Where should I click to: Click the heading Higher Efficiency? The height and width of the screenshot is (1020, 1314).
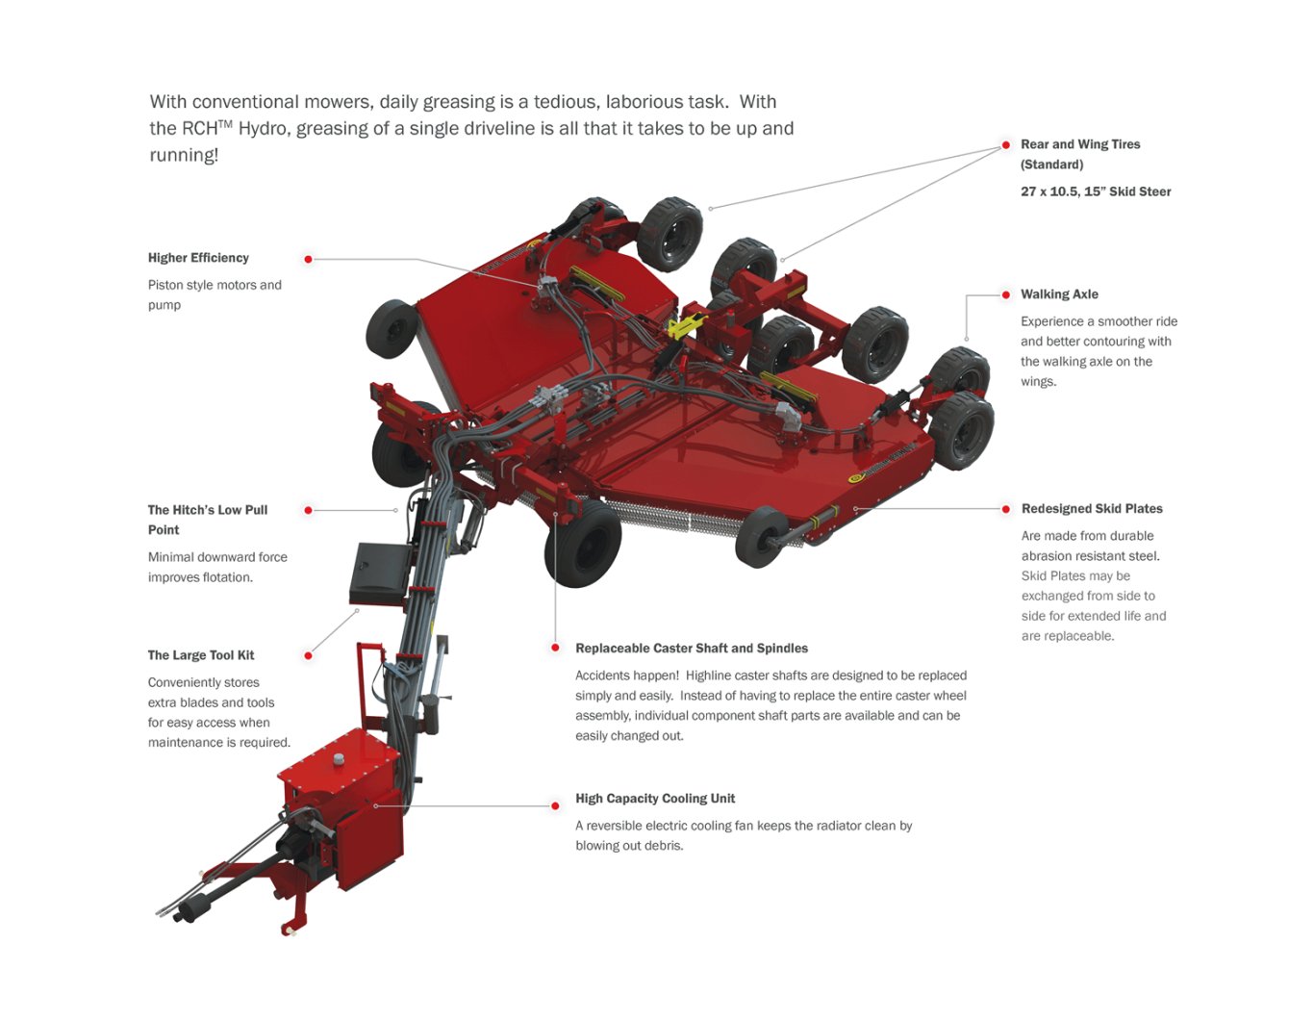[x=198, y=258]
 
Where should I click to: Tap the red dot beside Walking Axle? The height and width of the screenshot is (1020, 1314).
[x=1006, y=294]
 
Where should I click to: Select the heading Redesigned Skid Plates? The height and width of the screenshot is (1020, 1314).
[x=1092, y=509]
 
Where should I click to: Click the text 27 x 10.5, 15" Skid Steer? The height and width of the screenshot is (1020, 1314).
[x=1096, y=191]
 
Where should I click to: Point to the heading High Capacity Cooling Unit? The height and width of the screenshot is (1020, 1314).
[x=655, y=799]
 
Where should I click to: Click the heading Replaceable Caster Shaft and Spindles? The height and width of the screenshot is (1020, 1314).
[x=692, y=649]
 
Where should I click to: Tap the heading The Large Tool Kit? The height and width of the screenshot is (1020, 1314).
[x=201, y=655]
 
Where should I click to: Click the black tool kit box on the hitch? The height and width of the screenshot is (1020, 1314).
[x=380, y=574]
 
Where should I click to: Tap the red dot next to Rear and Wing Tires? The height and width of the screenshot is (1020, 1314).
[x=1006, y=145]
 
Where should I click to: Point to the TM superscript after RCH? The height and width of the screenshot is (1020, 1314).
[x=225, y=123]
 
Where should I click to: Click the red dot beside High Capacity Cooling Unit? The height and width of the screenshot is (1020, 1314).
[x=555, y=806]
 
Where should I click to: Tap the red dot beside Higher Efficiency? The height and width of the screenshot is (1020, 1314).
[x=308, y=259]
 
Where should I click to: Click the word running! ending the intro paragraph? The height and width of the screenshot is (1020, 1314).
[x=184, y=155]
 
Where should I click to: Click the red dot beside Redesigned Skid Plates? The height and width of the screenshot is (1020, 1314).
[x=1006, y=509]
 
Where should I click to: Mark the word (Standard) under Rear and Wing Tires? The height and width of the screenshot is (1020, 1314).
[x=1051, y=165]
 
